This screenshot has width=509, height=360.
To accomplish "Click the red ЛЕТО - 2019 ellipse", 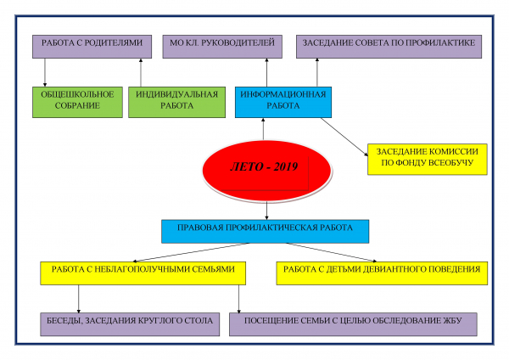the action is (266, 171).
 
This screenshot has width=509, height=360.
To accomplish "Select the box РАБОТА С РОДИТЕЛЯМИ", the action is (92, 47).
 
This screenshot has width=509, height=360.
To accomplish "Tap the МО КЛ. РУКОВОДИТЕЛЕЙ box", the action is (222, 47).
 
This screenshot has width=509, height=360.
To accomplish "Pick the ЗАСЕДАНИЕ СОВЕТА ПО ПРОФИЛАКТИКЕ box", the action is (389, 47).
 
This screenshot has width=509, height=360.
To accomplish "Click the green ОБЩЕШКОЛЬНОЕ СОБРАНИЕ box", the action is (77, 102).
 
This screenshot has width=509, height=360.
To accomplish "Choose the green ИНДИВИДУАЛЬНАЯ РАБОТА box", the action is (177, 102).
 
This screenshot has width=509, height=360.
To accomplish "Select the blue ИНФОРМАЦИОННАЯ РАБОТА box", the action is (283, 102).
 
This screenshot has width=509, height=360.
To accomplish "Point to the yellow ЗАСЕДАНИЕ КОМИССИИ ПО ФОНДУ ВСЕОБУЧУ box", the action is (428, 160).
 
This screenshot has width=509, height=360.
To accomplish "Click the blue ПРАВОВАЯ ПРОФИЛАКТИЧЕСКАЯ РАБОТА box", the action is (266, 231).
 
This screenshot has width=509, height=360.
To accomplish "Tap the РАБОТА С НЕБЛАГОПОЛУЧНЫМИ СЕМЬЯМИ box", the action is (143, 273).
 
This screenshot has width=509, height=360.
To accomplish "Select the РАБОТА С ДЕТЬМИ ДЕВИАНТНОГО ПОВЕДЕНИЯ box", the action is (382, 273).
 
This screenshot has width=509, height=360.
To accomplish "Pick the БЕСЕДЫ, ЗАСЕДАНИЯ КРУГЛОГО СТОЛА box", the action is (130, 324).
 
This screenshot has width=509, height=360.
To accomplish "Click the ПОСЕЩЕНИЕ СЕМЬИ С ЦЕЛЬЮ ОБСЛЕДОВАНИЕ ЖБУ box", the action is (353, 324).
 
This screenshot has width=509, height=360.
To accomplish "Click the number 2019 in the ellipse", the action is (286, 166).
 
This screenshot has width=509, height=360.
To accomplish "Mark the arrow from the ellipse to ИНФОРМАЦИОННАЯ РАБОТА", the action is (263, 129).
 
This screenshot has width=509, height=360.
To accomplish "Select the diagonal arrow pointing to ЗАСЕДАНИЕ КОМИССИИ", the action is (344, 137).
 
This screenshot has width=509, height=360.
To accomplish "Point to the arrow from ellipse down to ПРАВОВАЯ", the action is (267, 211).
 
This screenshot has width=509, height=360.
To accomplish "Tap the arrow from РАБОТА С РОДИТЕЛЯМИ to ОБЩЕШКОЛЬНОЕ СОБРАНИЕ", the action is (45, 72).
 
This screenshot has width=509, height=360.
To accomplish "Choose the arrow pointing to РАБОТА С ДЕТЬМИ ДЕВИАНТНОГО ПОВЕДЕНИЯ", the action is (332, 252).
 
